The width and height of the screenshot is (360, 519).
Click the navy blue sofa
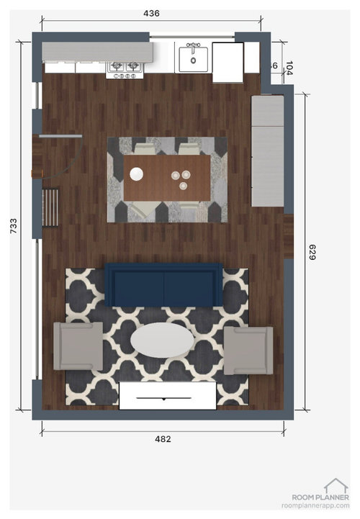coord(163,285)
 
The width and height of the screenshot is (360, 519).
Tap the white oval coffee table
coord(161,340)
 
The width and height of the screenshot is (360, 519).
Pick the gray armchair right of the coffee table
coord(248,351)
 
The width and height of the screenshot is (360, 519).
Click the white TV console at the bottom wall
coord(167,397)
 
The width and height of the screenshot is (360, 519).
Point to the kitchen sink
coord(194,57)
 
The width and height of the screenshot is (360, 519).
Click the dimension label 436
coord(151,13)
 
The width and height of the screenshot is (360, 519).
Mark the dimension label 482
coord(163,438)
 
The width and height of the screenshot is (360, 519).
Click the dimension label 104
coord(289,69)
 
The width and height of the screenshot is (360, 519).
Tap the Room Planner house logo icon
coord(335,486)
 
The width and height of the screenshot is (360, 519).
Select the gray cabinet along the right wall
coord(267,151)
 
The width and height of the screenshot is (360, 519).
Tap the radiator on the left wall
coord(50,207)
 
